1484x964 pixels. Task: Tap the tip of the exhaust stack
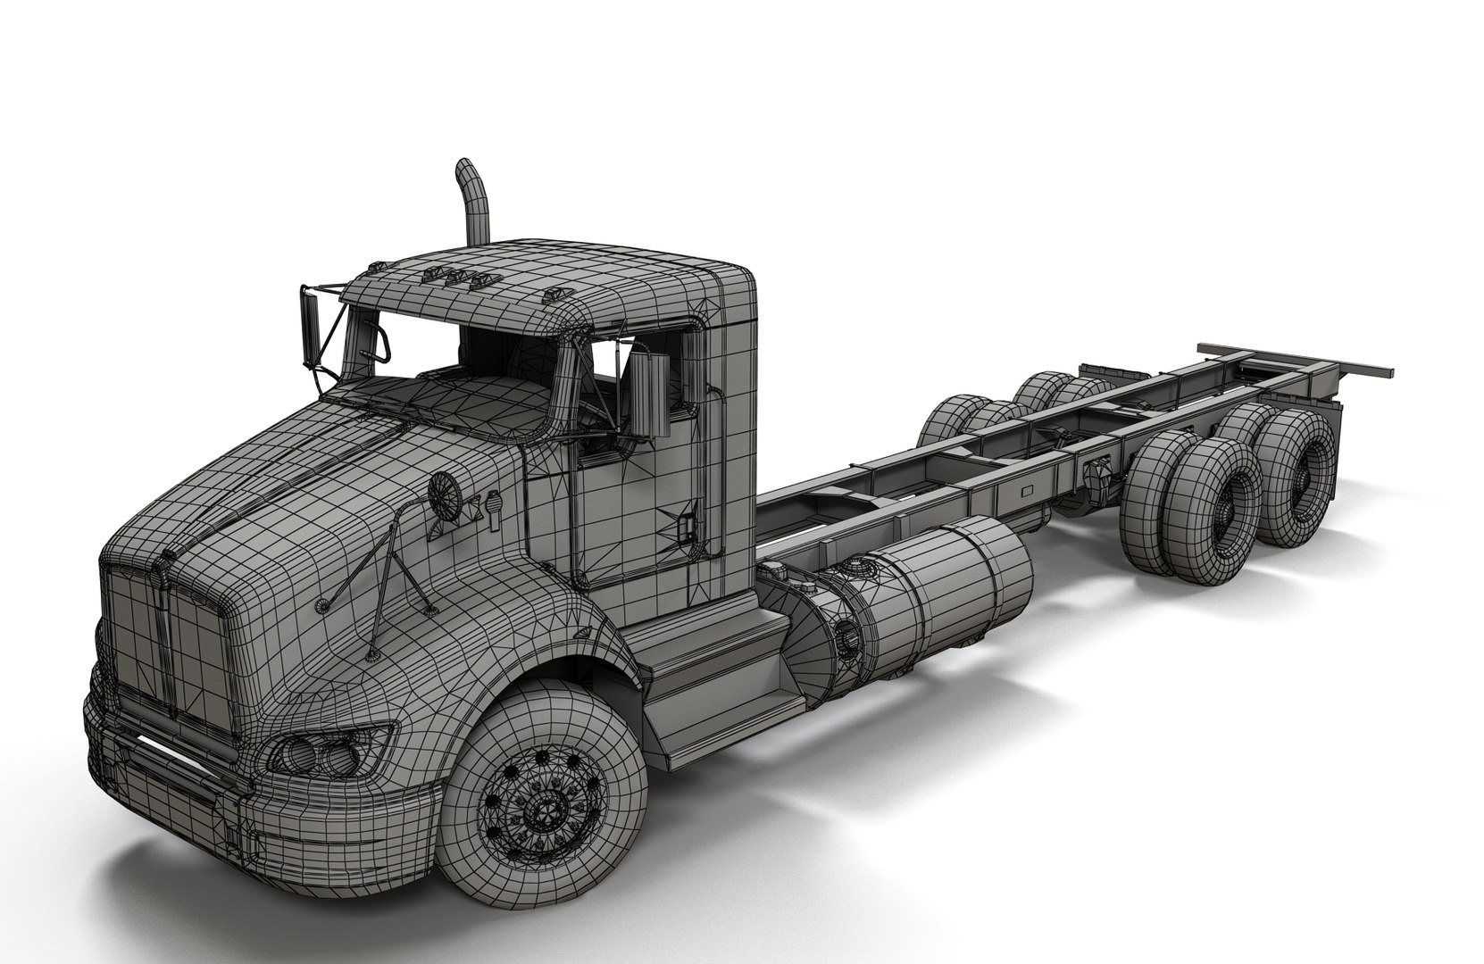coord(465,170)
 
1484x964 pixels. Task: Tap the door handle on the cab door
coord(686,526)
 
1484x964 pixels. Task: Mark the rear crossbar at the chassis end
coord(1295,357)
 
